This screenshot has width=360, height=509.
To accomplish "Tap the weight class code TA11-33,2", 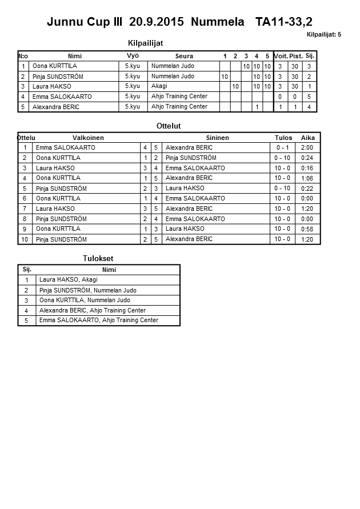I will [284, 22].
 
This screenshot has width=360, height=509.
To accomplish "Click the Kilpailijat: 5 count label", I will [323, 35].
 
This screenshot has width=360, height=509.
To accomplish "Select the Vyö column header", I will [133, 56].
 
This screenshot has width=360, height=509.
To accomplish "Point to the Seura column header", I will [184, 56].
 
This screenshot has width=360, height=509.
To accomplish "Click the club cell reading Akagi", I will [159, 86].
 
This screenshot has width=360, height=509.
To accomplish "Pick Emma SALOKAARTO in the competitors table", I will [62, 97].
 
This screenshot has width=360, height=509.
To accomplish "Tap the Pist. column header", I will [296, 56].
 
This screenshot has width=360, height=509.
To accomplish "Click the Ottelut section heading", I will [168, 126].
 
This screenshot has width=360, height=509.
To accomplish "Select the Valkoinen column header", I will [88, 138].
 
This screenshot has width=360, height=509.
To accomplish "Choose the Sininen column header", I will [217, 138].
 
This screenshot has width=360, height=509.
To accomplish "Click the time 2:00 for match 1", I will [307, 148].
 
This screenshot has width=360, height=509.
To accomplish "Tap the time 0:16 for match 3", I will [307, 168].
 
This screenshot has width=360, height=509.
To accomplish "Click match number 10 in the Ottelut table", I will [25, 239].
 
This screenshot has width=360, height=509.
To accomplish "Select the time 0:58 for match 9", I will [307, 229].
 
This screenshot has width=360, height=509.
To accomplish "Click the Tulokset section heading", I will [98, 259].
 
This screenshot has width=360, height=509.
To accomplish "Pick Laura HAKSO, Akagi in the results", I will [68, 280].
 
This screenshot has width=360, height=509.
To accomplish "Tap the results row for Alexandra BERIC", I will [92, 310].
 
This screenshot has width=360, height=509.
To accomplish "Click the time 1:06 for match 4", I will [307, 178].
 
